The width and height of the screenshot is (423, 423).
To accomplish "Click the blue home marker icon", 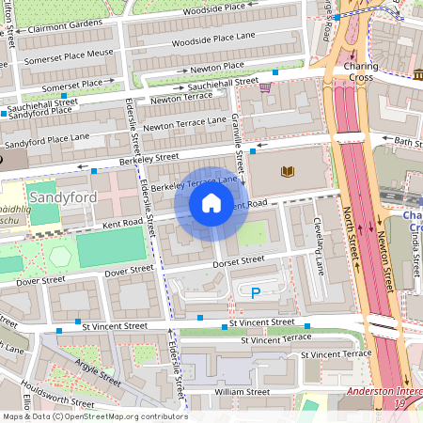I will coord(211,203).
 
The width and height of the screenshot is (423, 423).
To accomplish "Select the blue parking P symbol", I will coord(256,293).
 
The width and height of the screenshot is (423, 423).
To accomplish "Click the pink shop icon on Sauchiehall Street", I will coord(265,87).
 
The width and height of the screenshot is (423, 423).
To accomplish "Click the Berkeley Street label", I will coord(149,159).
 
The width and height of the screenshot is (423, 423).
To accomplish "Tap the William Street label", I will coord(242,391).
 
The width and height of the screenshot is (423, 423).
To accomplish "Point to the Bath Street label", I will coord(408,142).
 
